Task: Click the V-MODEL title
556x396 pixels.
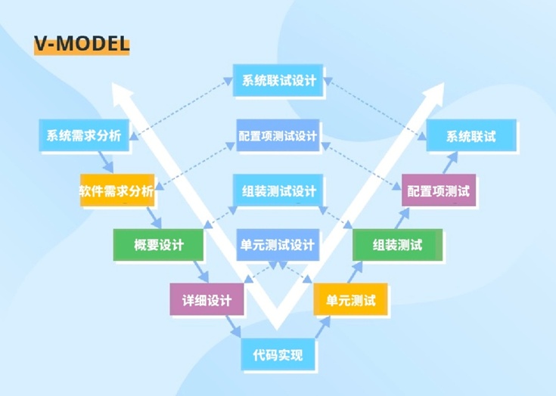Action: click(x=82, y=43)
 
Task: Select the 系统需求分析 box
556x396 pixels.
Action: click(x=83, y=136)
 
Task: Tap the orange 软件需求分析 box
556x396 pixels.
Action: click(x=116, y=191)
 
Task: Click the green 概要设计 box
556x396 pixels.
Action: click(x=158, y=245)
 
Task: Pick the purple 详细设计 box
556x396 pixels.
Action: click(x=207, y=299)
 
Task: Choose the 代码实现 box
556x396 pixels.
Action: click(x=278, y=354)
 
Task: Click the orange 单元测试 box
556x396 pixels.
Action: click(x=350, y=299)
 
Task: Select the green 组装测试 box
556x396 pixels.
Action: click(x=397, y=245)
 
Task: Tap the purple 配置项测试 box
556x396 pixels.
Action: click(x=438, y=191)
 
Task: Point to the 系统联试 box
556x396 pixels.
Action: click(x=471, y=137)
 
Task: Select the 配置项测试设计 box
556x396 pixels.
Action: click(x=277, y=136)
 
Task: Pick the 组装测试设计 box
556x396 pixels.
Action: click(x=278, y=190)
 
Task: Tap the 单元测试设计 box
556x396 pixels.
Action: click(x=277, y=245)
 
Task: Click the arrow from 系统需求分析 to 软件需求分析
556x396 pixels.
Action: click(x=105, y=162)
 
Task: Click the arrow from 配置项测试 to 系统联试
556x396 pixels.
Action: click(x=449, y=162)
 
